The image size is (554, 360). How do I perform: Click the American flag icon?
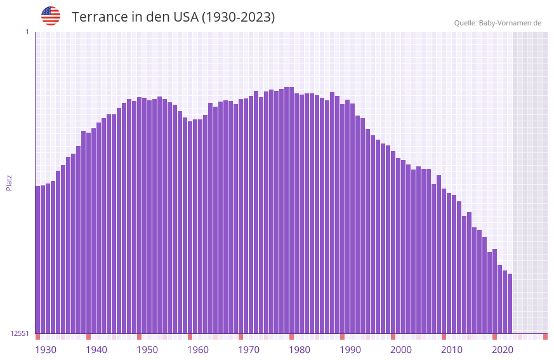51,16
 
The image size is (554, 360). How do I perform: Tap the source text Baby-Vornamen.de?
510,23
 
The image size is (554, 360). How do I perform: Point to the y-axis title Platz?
9,182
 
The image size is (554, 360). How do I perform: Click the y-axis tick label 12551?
19,333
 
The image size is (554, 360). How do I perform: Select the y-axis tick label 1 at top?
27,32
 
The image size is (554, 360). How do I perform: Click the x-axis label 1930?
46,350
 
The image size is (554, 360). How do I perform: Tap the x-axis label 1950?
147,350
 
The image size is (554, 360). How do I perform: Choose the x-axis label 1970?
249,350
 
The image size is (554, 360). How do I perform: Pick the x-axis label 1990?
350,350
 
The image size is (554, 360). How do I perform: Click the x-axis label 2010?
452,350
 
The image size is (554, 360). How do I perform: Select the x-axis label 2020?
503,350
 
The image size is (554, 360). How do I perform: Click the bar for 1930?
37,260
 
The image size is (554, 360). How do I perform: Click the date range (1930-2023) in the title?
238,17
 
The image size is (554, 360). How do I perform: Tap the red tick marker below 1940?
88,337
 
